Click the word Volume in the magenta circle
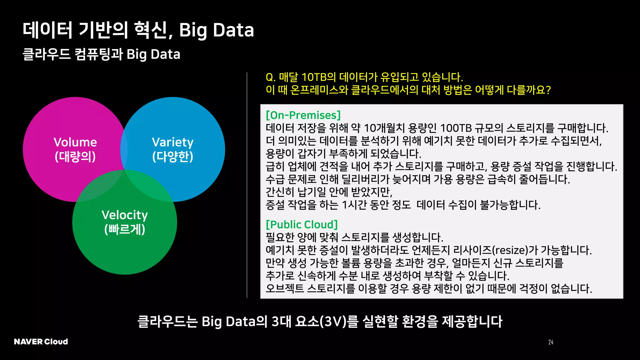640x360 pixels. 75,142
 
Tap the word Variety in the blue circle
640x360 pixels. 172,142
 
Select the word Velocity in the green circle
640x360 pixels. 125,215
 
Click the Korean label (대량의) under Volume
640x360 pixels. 75,157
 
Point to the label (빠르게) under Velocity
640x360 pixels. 125,229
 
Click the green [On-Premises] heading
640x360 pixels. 303,115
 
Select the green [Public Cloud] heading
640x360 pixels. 302,224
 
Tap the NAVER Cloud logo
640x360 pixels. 41,342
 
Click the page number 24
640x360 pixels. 551,342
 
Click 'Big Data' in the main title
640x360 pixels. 216,30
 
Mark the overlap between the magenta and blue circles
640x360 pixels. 124,150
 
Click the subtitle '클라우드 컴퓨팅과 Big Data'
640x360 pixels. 102,54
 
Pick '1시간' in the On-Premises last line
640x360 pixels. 354,205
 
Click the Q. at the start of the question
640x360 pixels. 270,77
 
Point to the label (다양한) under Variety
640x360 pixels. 172,157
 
